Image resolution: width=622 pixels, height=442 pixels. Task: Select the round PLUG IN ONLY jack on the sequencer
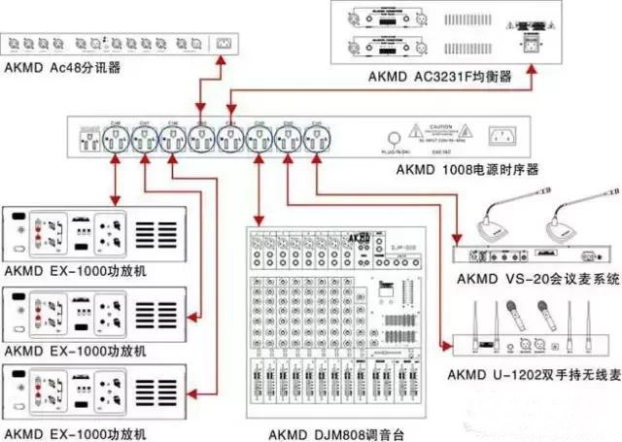[396, 138]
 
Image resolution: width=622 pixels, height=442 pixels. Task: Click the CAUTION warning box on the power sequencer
[443, 134]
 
